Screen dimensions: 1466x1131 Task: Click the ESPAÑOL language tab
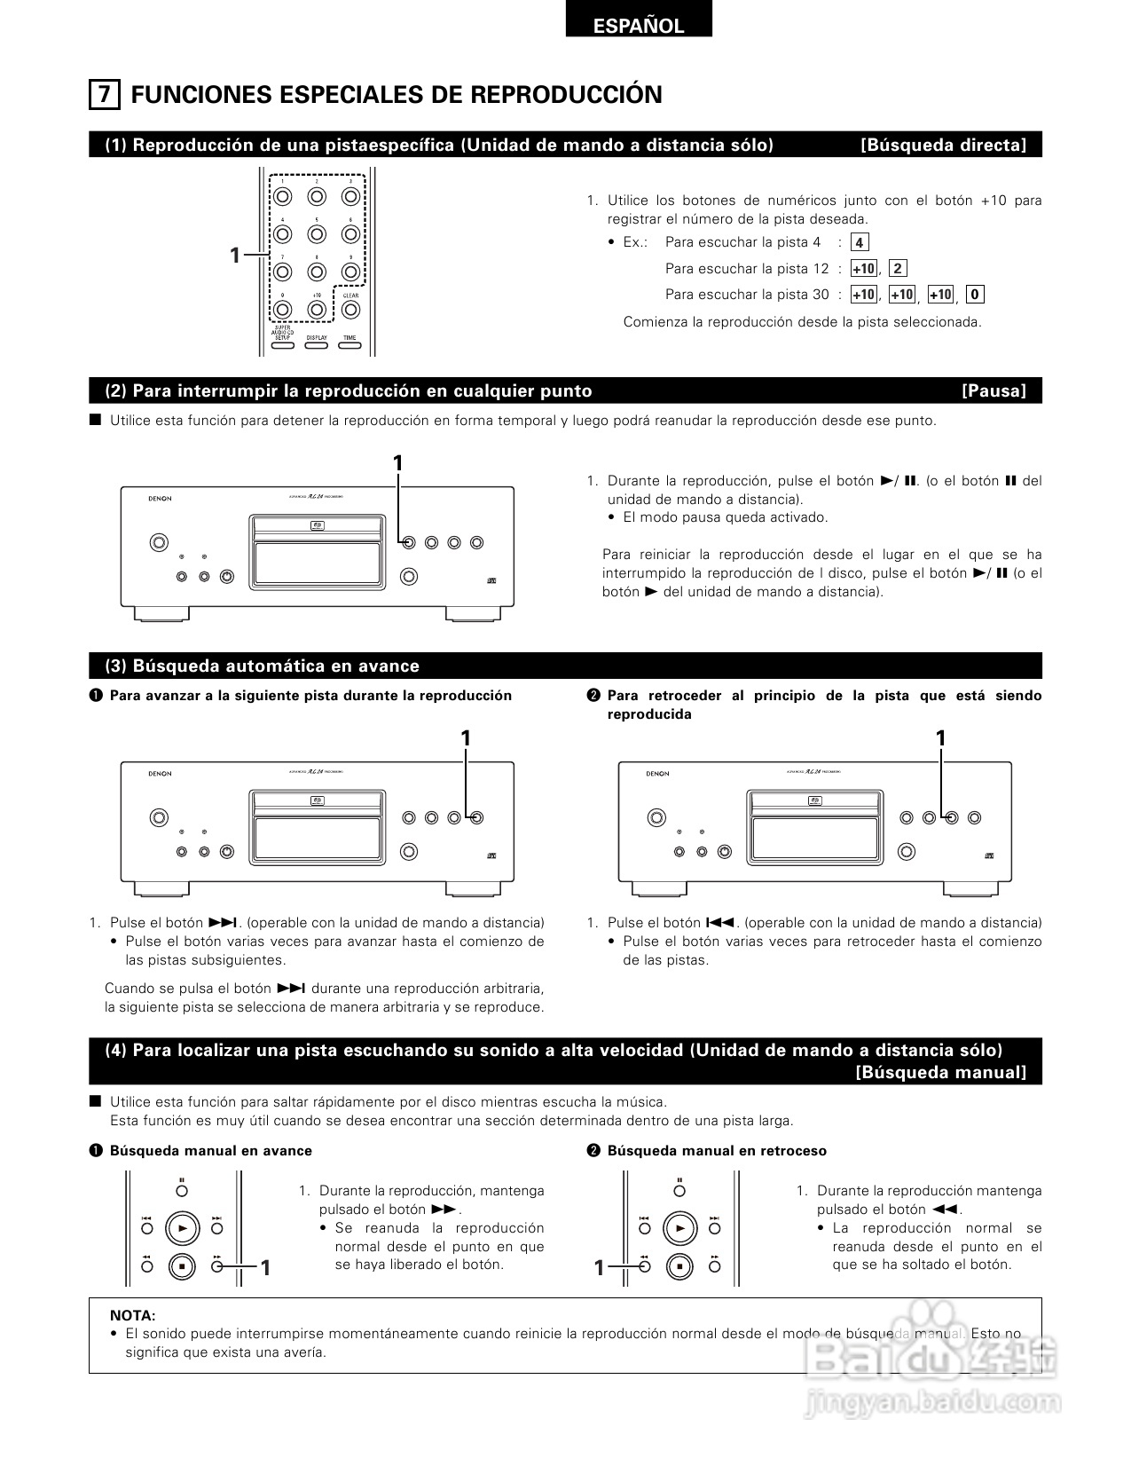pyautogui.click(x=638, y=26)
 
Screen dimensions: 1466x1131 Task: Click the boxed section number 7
pyautogui.click(x=104, y=94)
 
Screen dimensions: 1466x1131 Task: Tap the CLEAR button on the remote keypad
pyautogui.click(x=350, y=310)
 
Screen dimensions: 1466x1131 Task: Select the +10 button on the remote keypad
pyautogui.click(x=317, y=310)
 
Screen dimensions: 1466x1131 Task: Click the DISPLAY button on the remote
pyautogui.click(x=316, y=344)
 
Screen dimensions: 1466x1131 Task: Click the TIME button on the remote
pyautogui.click(x=350, y=344)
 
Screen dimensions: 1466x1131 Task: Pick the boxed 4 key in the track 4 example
pyautogui.click(x=859, y=242)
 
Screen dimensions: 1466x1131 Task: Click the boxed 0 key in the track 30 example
pyautogui.click(x=975, y=295)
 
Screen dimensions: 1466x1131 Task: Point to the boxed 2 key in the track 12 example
pyautogui.click(x=898, y=269)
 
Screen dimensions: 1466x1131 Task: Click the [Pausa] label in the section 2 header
pyautogui.click(x=994, y=391)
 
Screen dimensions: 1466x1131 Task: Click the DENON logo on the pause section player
pyautogui.click(x=160, y=499)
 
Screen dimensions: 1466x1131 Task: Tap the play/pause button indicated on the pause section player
pyautogui.click(x=408, y=542)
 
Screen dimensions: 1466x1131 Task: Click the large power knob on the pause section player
pyautogui.click(x=158, y=542)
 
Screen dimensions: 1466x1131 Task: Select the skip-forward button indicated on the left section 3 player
pyautogui.click(x=476, y=817)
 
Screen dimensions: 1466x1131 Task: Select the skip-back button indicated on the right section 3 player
pyautogui.click(x=951, y=817)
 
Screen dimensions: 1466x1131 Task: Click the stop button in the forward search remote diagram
pyautogui.click(x=183, y=1266)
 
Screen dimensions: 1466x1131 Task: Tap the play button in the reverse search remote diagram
pyautogui.click(x=680, y=1228)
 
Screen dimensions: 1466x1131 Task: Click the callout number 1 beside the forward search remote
pyautogui.click(x=264, y=1268)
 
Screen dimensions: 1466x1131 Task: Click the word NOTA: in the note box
pyautogui.click(x=132, y=1315)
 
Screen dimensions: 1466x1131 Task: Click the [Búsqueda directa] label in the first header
pyautogui.click(x=943, y=146)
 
